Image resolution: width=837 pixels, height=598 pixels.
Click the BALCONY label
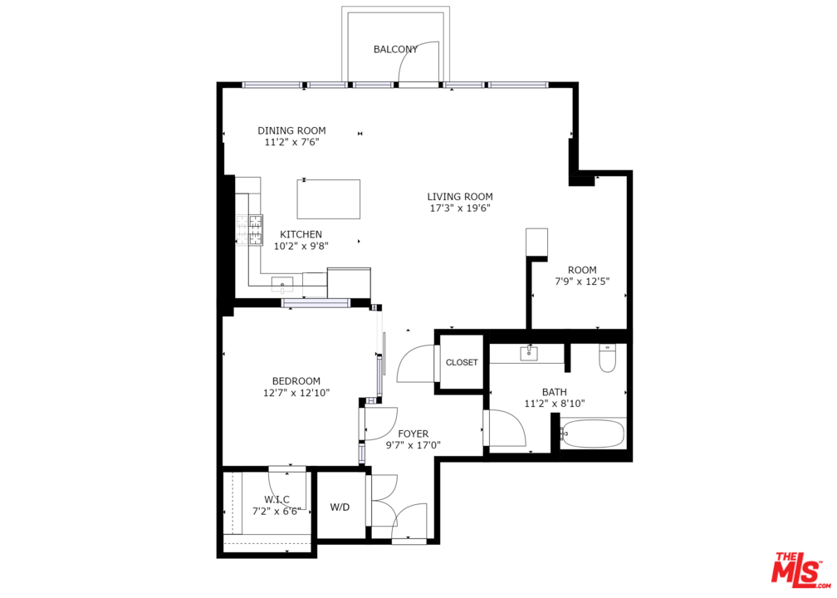pos(395,50)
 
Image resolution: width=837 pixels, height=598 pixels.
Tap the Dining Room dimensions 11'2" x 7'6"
pos(292,143)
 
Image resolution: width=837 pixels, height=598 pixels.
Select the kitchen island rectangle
pos(328,199)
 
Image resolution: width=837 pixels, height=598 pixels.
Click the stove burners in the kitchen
pos(250,229)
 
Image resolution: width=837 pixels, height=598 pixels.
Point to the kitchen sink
pos(282,285)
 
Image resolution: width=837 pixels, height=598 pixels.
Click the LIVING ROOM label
pos(460,197)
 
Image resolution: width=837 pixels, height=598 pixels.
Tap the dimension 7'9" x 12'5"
pos(582,282)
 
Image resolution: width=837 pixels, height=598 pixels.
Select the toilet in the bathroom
pos(608,358)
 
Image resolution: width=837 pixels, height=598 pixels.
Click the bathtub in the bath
pos(593,434)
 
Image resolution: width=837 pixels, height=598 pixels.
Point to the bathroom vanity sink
pos(529,353)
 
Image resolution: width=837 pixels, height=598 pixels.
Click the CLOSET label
pos(462,362)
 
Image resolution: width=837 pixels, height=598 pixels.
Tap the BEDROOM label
pos(296,381)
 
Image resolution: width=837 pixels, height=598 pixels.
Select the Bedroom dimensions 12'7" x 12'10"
pos(296,393)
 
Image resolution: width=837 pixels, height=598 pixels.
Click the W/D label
pos(340,507)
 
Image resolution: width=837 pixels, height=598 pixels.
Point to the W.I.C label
pos(277,500)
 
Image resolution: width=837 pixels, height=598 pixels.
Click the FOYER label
pos(414,434)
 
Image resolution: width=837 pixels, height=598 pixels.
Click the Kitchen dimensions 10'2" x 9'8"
pos(301,246)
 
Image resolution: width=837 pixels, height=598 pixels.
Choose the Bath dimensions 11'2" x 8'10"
pos(555,404)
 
